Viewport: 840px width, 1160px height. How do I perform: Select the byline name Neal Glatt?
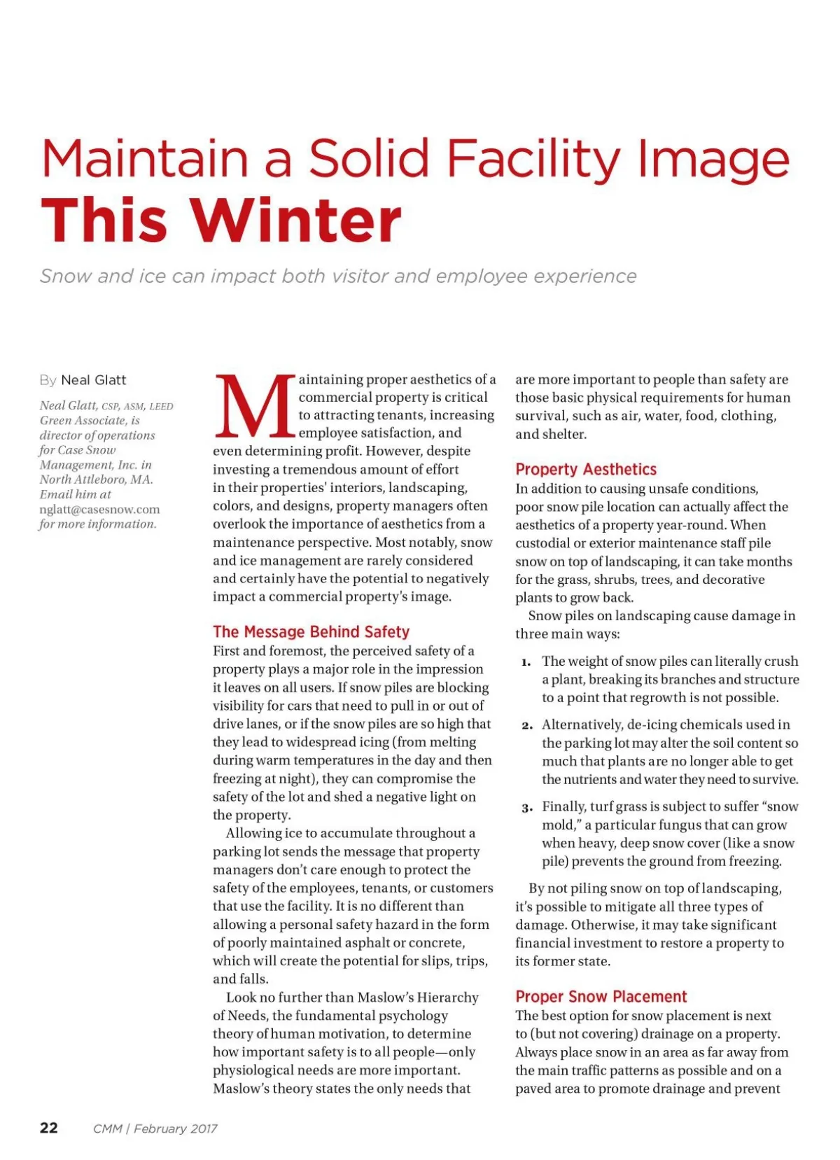click(94, 380)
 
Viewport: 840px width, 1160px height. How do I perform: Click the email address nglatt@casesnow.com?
click(99, 510)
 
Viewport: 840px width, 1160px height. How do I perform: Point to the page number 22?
click(49, 1127)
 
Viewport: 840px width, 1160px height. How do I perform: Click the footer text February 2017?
click(176, 1128)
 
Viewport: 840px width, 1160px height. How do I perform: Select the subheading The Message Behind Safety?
click(311, 631)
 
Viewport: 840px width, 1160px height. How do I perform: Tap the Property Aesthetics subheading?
click(586, 469)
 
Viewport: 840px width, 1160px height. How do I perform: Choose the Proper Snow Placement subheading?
click(601, 996)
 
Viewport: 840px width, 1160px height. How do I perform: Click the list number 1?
click(526, 662)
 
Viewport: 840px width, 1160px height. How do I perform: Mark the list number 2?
click(526, 725)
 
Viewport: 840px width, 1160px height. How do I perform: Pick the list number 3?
click(526, 808)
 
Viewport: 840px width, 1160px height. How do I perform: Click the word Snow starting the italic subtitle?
click(65, 276)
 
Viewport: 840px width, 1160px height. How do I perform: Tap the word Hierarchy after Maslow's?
click(446, 997)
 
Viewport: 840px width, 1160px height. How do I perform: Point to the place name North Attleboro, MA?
click(96, 480)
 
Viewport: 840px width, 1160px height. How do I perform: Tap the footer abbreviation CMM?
click(107, 1128)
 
